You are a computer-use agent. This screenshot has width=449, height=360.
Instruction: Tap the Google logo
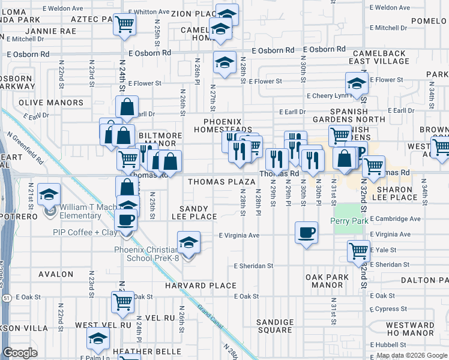pyautogui.click(x=20, y=353)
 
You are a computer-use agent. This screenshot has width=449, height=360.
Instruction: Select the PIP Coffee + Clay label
pyautogui.click(x=85, y=232)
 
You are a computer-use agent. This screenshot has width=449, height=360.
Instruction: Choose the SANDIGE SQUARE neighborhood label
pyautogui.click(x=274, y=326)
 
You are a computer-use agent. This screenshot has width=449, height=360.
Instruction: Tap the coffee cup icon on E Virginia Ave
pyautogui.click(x=306, y=232)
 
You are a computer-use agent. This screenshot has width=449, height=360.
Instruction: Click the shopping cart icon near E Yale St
pyautogui.click(x=358, y=251)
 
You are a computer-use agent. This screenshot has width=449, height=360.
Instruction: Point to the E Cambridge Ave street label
pyautogui.click(x=395, y=219)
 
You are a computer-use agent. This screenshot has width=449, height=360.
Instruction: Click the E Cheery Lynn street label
pyautogui.click(x=328, y=95)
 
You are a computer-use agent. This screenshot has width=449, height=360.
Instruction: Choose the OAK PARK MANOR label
pyautogui.click(x=327, y=281)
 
